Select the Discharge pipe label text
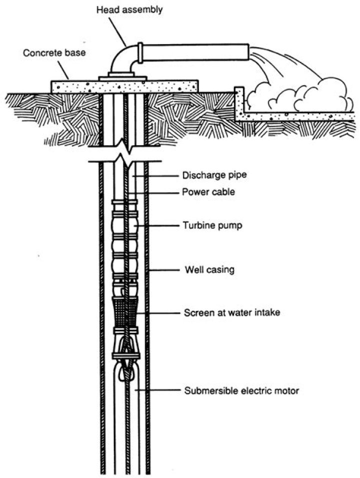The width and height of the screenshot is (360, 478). coord(204,176)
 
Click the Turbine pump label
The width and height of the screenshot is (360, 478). coord(205,226)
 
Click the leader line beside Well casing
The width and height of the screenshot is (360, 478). coord(164,271)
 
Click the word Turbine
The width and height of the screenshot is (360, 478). coord(195,226)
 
